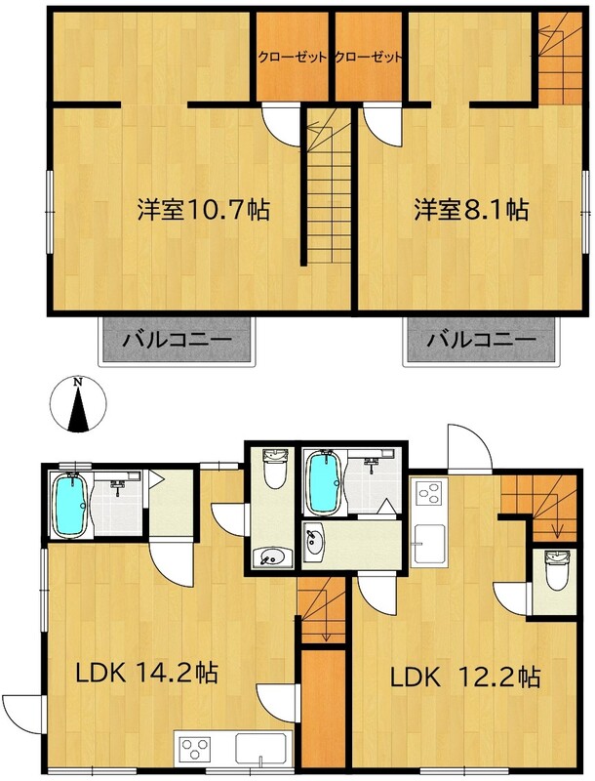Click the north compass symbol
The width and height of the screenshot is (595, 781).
pos(78,403)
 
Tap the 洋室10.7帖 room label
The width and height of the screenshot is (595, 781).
pos(204,210)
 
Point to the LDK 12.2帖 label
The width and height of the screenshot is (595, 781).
pos(465,678)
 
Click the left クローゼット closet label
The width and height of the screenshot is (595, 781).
pos(293,58)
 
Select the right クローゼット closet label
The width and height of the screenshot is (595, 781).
pos(368,58)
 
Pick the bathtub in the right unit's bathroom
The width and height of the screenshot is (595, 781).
pos(324,482)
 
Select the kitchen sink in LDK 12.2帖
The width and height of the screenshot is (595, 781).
pos(429,544)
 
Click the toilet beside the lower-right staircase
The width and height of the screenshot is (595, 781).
pos(553,570)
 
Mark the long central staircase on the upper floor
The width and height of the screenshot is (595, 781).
pos(329,186)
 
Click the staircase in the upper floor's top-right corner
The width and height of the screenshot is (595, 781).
pos(560,59)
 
